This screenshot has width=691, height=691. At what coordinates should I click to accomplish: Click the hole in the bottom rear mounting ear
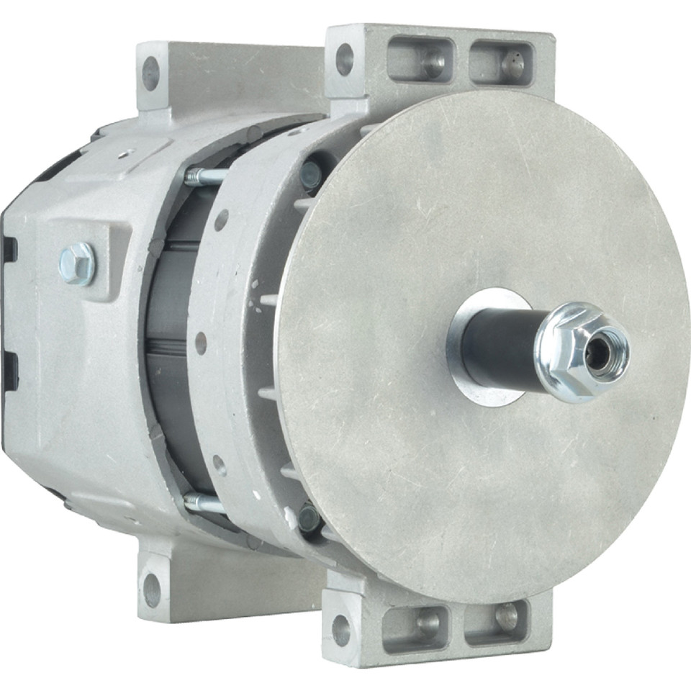[x=152, y=590]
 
